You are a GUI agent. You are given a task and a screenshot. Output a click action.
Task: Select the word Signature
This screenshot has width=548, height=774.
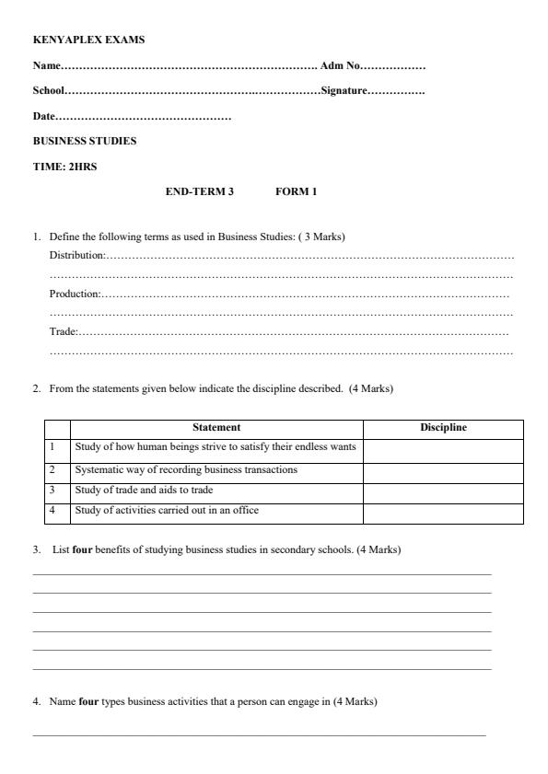[x=344, y=91]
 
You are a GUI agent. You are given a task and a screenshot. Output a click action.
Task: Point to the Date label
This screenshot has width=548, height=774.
[x=44, y=116]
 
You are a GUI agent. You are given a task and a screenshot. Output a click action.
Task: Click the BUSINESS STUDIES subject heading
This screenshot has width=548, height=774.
[x=85, y=141]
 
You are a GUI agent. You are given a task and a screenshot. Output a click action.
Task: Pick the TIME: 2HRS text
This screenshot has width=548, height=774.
[x=64, y=167]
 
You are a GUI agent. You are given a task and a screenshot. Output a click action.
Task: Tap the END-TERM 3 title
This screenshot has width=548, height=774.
[x=199, y=191]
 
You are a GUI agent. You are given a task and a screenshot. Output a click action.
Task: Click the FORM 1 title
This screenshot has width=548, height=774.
[x=296, y=191]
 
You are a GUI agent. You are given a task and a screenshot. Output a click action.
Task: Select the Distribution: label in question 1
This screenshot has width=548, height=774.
[x=77, y=254]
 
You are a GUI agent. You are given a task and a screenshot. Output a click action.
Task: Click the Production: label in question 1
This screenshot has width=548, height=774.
[x=75, y=294]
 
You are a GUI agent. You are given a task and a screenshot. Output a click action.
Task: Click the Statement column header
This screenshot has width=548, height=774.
[x=216, y=428]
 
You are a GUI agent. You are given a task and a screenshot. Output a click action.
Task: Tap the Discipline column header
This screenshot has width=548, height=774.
[x=443, y=428]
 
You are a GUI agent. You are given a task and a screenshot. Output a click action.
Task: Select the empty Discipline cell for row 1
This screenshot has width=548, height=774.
[x=443, y=450]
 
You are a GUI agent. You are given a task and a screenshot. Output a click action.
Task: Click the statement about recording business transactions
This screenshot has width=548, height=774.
[x=186, y=470]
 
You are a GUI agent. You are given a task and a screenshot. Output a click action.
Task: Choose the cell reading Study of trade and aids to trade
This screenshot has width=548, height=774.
[x=145, y=490]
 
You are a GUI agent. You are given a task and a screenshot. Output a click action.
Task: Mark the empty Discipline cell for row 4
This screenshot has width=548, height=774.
[x=443, y=512]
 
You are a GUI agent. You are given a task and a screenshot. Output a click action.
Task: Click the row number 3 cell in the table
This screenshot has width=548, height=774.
[x=52, y=490]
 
